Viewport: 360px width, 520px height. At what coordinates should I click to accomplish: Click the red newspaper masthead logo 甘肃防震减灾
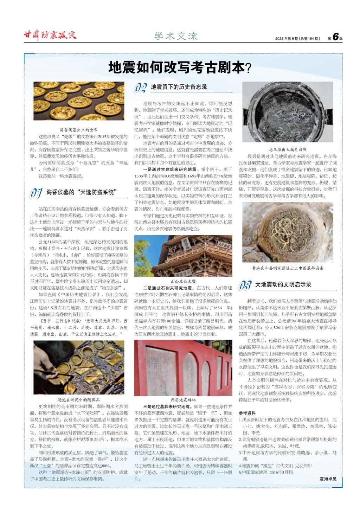click(x=50, y=35)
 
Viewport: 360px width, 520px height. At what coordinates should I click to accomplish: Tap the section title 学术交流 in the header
click(x=176, y=36)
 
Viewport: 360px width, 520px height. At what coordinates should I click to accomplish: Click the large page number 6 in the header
click(x=335, y=37)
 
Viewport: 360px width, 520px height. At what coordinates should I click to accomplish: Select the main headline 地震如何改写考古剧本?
click(x=180, y=68)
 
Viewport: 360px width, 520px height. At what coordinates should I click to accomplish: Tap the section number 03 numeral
click(x=245, y=285)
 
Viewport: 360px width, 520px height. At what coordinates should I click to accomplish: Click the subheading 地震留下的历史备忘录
click(x=179, y=87)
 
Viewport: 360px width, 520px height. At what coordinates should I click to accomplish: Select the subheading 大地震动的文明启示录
click(x=283, y=284)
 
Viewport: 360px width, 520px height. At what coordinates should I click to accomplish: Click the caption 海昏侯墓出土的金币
click(x=79, y=130)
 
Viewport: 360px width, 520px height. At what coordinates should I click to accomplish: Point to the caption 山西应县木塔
click(x=183, y=281)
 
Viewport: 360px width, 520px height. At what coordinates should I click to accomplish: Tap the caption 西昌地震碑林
click(x=183, y=400)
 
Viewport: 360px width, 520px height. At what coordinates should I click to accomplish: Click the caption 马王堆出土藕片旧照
click(x=288, y=149)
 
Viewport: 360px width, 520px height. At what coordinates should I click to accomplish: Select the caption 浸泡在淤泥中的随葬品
click(x=79, y=400)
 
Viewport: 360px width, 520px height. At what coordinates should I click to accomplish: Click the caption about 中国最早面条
click(x=288, y=268)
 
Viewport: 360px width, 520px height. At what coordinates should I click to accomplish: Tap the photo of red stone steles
click(x=183, y=368)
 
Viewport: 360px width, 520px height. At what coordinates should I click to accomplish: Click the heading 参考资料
click(x=247, y=413)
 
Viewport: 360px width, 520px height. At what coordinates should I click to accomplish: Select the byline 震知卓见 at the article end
click(x=328, y=479)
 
